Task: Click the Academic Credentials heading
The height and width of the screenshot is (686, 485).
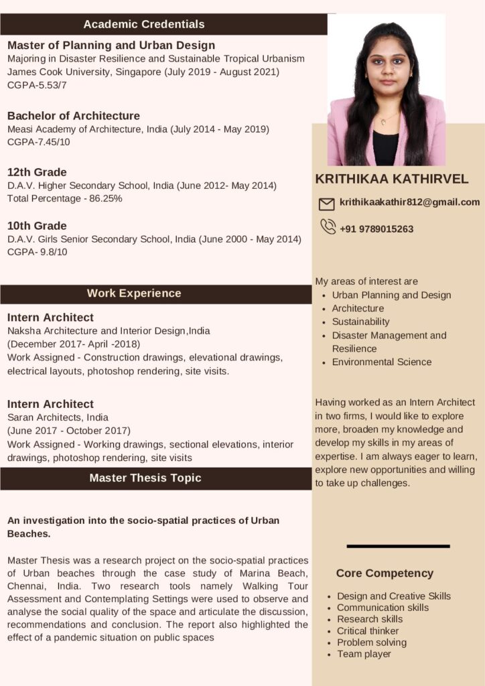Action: point(144,24)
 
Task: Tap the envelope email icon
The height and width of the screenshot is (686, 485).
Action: point(326,204)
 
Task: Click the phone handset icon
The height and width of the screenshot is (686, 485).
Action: point(328,227)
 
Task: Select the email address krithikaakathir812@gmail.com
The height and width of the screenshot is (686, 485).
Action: point(409,202)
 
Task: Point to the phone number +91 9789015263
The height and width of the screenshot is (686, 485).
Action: point(376,229)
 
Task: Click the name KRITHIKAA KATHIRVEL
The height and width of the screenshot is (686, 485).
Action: point(392,179)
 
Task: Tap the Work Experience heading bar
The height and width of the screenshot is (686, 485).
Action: point(134,293)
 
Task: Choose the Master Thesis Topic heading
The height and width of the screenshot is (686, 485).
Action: point(145,478)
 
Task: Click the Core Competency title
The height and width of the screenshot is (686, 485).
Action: point(385,573)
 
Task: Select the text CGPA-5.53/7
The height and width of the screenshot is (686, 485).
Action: point(37,85)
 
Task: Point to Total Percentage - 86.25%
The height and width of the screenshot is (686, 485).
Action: point(65,198)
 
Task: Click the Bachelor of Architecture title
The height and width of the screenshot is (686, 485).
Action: point(74,116)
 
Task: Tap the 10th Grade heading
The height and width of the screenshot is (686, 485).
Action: point(37,226)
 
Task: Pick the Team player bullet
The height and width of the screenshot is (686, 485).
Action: point(364,654)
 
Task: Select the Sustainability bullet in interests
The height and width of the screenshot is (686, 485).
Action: point(360,322)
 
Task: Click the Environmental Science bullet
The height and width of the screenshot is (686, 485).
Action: point(382,362)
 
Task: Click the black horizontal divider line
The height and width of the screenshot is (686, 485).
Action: point(398,547)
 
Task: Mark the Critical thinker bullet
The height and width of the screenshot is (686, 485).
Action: point(368,631)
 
